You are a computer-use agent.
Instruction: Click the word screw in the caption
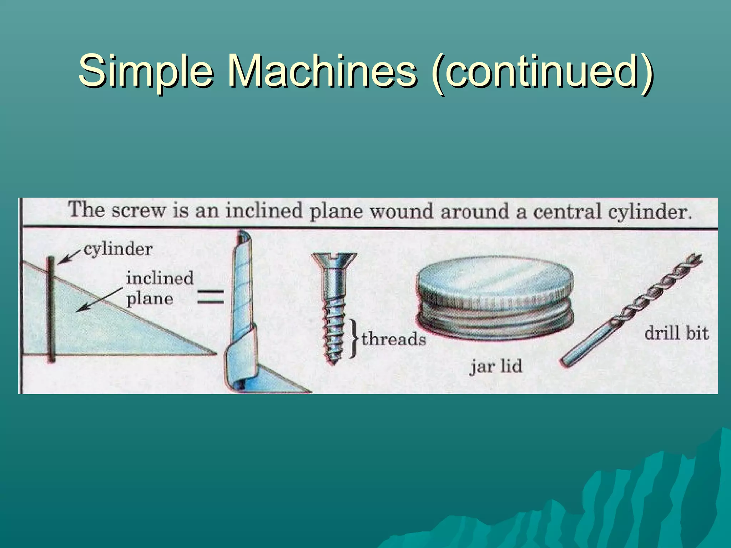click(138, 210)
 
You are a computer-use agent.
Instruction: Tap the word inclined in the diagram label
click(159, 278)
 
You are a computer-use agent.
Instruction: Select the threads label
click(394, 339)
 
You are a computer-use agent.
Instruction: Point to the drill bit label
click(676, 333)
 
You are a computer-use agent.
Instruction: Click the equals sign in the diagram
click(211, 297)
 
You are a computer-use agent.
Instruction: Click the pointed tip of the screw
click(333, 361)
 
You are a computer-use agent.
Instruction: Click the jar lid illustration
click(495, 298)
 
